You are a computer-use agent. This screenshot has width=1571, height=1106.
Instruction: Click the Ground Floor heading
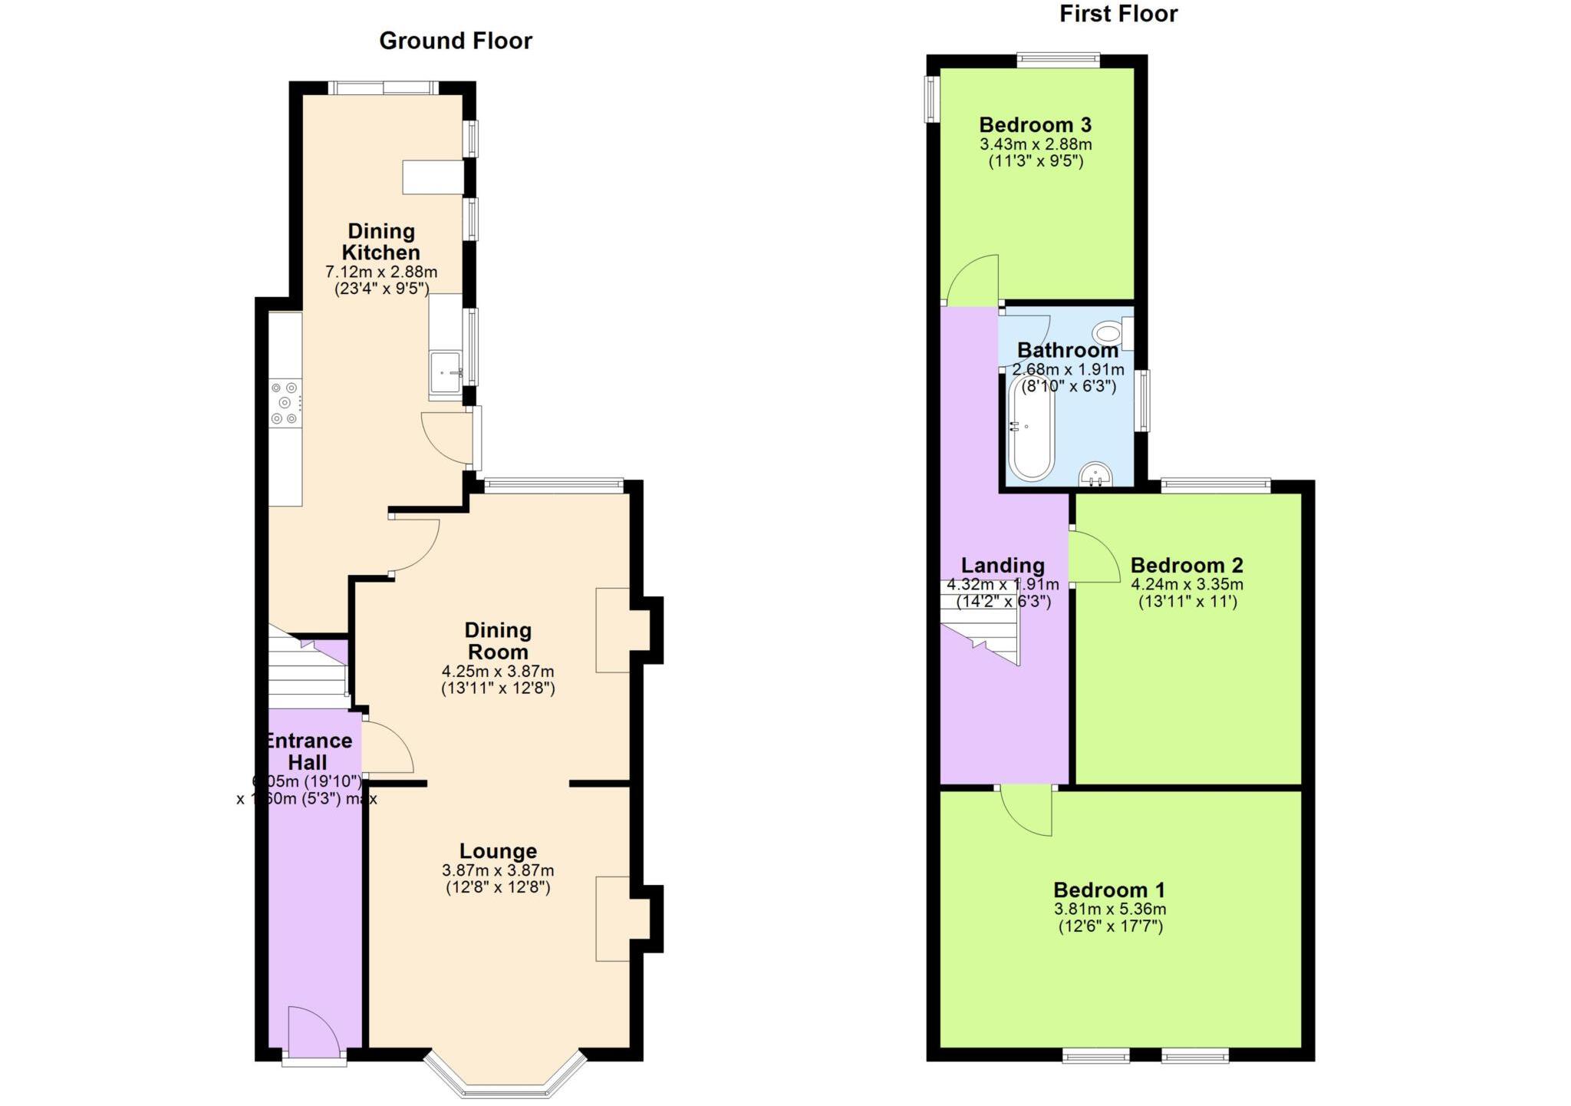[x=455, y=41]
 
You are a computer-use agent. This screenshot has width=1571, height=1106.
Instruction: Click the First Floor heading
[x=1118, y=14]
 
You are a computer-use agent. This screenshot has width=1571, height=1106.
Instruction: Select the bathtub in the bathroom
[x=1030, y=428]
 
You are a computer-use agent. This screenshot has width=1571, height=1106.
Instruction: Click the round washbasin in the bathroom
[x=1095, y=474]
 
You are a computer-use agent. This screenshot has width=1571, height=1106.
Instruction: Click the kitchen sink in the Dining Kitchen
[x=445, y=374]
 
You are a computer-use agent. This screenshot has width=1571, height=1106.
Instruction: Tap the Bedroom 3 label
[x=1035, y=124]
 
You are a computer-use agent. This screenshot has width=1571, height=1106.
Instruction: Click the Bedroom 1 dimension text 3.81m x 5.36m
[x=1109, y=910]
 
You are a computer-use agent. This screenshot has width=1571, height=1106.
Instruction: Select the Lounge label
[x=498, y=850]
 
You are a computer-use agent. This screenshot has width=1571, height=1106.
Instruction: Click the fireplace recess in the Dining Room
[x=614, y=630]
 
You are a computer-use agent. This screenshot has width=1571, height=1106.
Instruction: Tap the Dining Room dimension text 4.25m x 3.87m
[x=497, y=671]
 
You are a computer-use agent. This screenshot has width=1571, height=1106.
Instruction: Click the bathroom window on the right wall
[x=1143, y=401]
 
